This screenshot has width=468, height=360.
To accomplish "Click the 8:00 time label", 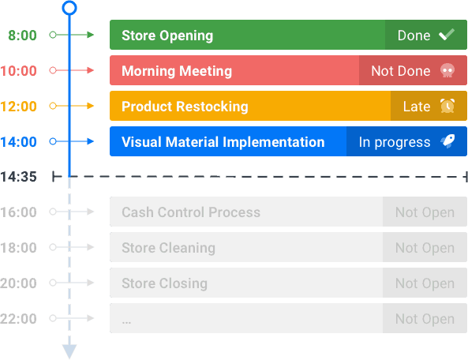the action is [x=22, y=36].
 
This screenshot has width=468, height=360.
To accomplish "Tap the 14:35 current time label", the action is [x=18, y=177].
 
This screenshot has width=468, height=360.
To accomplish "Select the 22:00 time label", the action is [x=18, y=318].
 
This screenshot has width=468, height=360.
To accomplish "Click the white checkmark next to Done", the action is [x=447, y=34].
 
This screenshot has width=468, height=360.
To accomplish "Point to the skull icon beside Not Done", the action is [x=447, y=70].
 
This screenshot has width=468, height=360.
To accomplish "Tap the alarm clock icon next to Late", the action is [x=447, y=106].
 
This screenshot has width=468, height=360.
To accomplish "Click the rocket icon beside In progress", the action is [x=447, y=141].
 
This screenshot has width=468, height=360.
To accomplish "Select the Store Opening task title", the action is [x=167, y=36].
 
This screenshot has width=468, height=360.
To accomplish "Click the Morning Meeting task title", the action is [x=177, y=71].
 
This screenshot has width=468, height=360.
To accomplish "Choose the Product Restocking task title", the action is [x=185, y=107].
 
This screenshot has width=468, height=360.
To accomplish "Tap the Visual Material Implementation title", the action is [x=223, y=142].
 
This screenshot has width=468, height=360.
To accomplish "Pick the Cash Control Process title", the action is [x=191, y=212].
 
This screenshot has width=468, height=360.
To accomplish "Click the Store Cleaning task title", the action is [x=169, y=248].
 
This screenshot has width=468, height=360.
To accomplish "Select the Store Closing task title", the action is [x=164, y=283].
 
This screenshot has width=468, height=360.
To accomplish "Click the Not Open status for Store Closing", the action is [x=425, y=283].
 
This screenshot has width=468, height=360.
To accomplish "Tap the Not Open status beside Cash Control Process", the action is [x=425, y=212].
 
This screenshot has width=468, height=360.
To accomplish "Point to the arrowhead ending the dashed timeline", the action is [x=69, y=351].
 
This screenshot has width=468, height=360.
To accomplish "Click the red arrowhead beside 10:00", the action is [x=91, y=70].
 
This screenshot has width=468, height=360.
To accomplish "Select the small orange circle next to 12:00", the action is [x=53, y=106].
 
